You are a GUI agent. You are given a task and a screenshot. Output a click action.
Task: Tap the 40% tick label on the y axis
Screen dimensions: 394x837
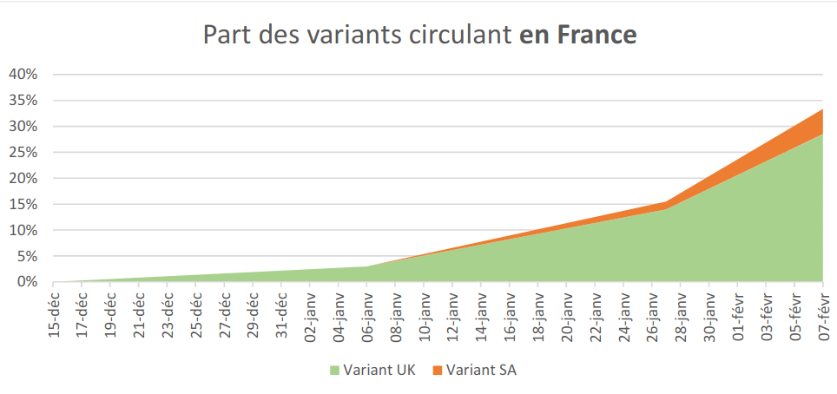click(23, 74)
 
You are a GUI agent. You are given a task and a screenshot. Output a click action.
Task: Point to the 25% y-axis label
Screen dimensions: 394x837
click(23, 152)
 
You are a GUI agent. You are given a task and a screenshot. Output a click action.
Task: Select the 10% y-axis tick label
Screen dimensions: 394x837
click(23, 230)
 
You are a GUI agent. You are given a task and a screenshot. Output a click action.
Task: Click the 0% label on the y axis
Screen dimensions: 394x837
click(27, 282)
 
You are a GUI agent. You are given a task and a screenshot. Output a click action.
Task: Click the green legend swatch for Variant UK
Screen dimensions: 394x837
click(335, 371)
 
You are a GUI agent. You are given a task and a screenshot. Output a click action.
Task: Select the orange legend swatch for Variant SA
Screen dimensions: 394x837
click(437, 371)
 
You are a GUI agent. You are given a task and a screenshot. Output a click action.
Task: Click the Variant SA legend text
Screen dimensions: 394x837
click(481, 371)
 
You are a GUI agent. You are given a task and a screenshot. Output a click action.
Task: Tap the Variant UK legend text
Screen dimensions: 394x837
click(379, 371)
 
